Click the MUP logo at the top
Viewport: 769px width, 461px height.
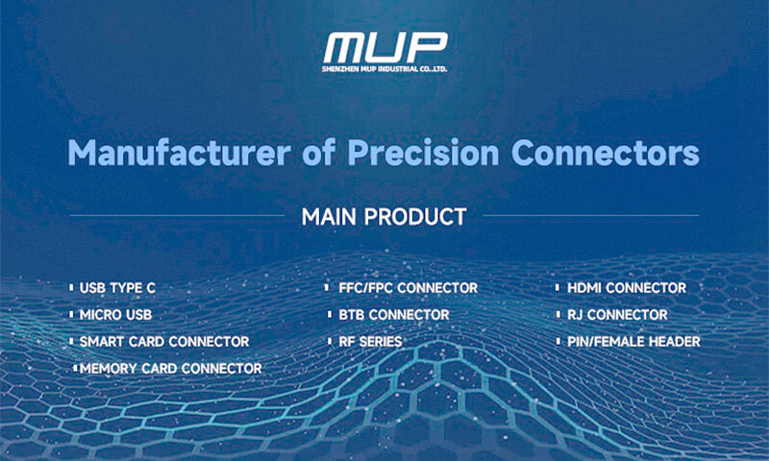(x=384, y=48)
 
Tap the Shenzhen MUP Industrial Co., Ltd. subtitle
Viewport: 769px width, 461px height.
(x=384, y=69)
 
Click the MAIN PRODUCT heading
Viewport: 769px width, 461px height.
(x=384, y=216)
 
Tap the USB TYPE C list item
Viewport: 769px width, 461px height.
(x=117, y=288)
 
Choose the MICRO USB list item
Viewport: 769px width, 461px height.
(x=115, y=315)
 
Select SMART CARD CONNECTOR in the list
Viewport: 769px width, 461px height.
(x=164, y=342)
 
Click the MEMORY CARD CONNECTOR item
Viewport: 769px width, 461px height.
(x=171, y=368)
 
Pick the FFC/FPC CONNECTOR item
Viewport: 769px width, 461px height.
(x=409, y=288)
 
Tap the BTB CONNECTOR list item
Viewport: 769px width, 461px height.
(x=394, y=315)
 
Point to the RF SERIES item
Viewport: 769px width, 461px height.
(x=370, y=342)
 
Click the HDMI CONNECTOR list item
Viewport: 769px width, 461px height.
(x=627, y=288)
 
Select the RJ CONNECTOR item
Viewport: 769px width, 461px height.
(x=617, y=315)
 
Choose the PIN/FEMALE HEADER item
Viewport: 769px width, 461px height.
(x=633, y=342)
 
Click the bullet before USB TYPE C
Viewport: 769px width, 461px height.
(x=71, y=288)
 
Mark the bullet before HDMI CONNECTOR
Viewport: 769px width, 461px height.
(x=558, y=288)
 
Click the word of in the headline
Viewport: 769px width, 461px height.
(x=323, y=153)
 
